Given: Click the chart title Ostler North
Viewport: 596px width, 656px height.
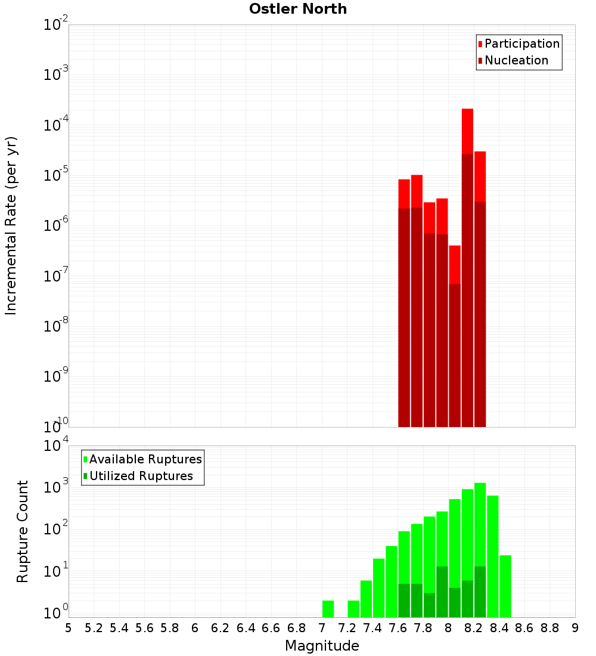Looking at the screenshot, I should (298, 9).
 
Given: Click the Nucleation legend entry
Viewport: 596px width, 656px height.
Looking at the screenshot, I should (516, 60).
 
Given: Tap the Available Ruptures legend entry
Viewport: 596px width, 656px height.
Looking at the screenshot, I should (145, 459).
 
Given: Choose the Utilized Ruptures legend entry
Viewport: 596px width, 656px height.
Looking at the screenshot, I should (141, 476).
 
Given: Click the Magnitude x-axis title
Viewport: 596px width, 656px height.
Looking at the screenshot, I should (322, 646).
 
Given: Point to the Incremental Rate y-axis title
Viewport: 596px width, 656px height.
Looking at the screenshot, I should (11, 225).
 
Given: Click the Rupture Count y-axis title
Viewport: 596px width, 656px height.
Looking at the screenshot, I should (23, 531).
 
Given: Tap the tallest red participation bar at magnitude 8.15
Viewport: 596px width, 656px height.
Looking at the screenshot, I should (467, 131).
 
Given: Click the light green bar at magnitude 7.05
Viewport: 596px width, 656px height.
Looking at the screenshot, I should (328, 609).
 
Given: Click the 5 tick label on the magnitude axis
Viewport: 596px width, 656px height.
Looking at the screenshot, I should (69, 628).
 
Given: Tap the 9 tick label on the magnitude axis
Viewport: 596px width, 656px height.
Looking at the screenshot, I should (575, 628).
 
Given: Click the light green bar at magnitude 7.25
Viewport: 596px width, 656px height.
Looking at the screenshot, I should (353, 609).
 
